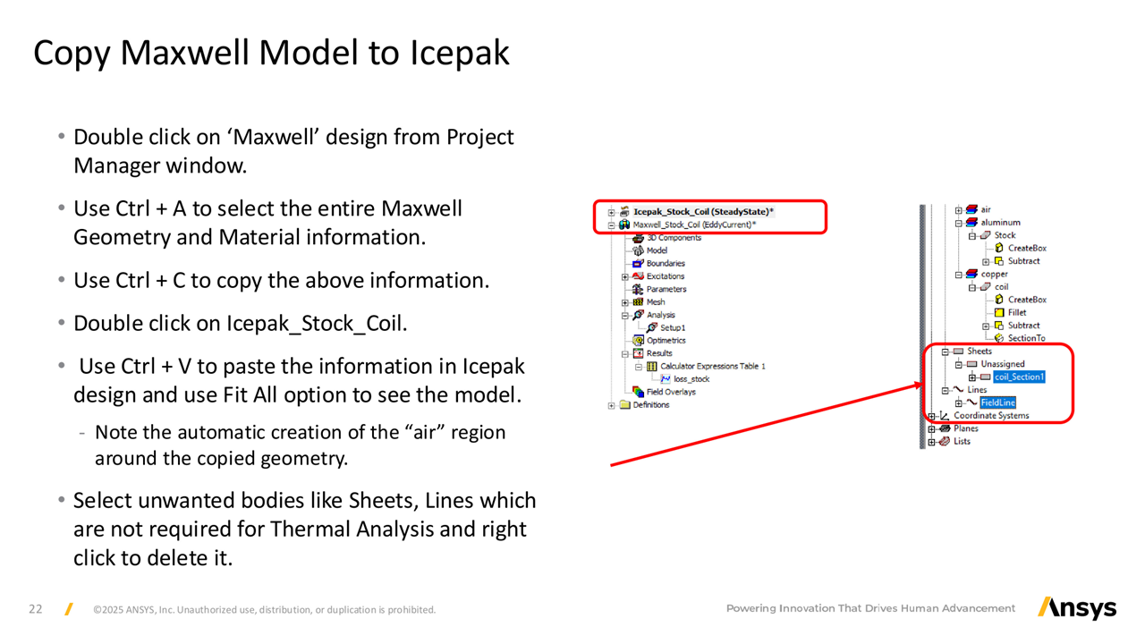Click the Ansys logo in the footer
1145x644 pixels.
pos(1077,608)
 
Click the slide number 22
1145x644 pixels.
pos(35,609)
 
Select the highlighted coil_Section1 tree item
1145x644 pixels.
pos(1019,377)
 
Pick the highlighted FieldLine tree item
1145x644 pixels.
pos(997,402)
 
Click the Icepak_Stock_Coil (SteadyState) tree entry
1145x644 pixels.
pos(703,212)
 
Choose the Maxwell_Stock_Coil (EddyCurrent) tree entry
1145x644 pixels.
pos(694,225)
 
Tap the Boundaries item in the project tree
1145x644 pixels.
pos(666,263)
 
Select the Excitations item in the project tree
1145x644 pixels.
pos(665,276)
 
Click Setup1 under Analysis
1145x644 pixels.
pos(673,327)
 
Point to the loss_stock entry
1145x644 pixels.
pos(691,379)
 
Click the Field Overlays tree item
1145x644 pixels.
pos(671,392)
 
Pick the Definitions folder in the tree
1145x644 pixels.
pos(650,405)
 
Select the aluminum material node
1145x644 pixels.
pos(1000,223)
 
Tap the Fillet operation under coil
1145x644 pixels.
pos(1017,312)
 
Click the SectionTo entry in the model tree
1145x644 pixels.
pos(1026,338)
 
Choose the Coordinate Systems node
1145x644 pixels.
pos(991,416)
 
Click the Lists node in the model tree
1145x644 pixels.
pos(962,441)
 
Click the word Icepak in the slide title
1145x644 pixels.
pos(460,53)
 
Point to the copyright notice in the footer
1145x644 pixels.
pos(264,610)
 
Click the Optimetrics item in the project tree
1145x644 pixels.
pos(666,341)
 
